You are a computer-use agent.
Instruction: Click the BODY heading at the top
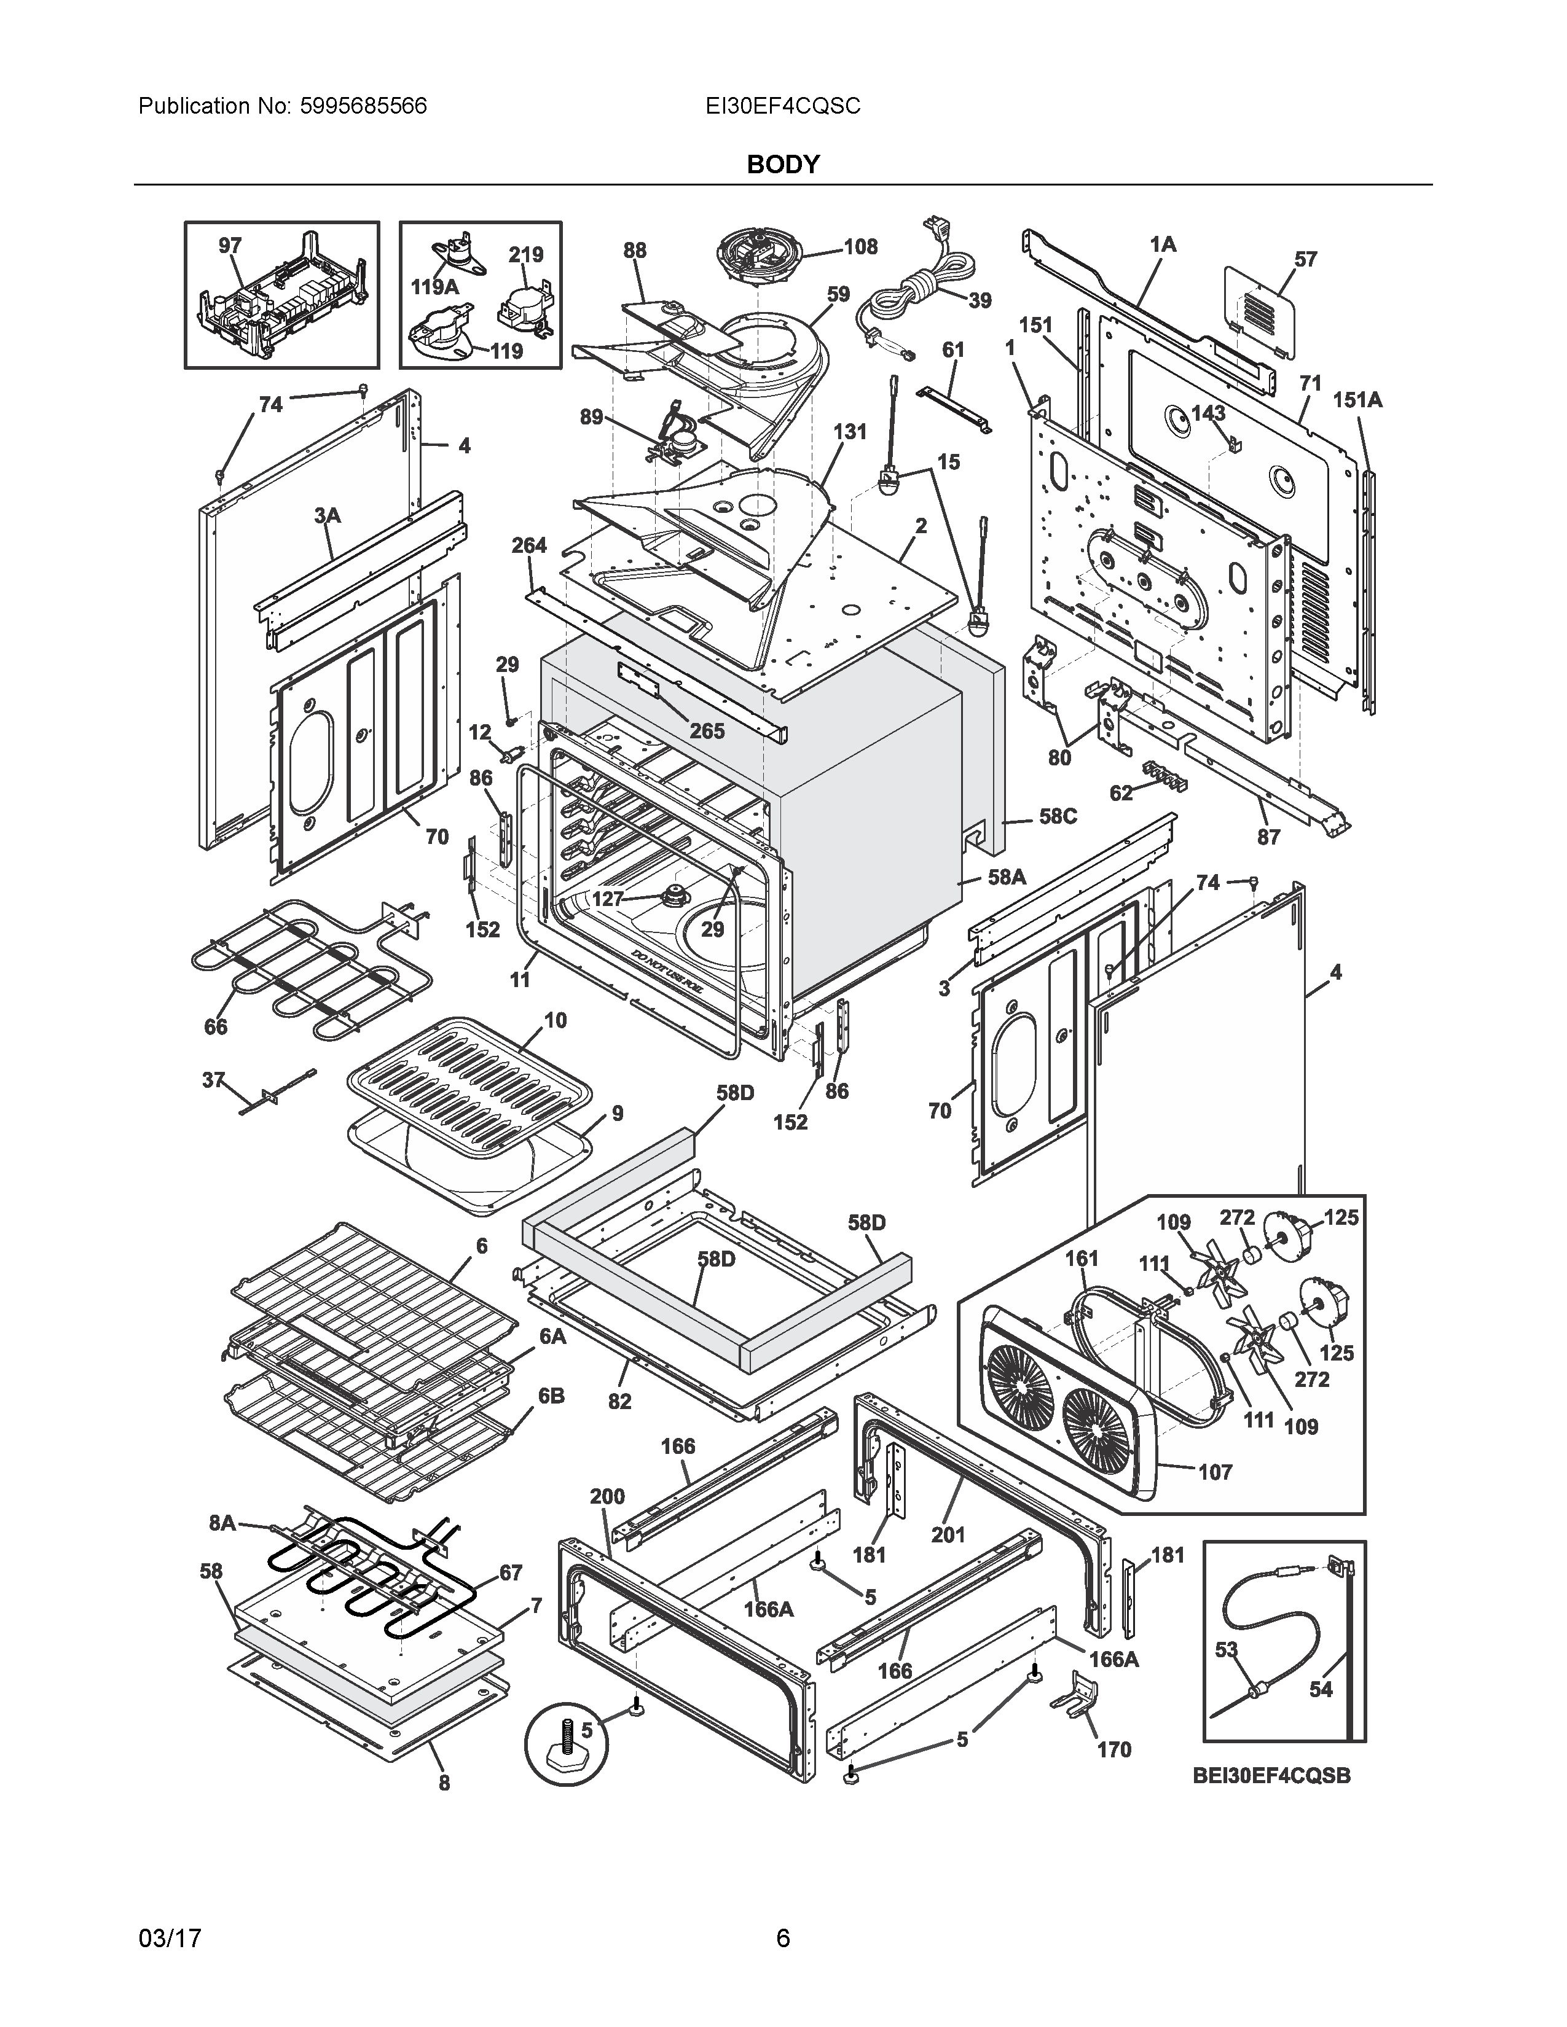click(x=782, y=164)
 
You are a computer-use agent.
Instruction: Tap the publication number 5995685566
click(x=363, y=106)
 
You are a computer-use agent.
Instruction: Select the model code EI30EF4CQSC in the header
click(x=782, y=106)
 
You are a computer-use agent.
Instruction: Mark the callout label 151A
click(x=1357, y=400)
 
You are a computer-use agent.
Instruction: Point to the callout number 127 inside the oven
click(x=608, y=899)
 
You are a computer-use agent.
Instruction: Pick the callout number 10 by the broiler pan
click(x=555, y=1021)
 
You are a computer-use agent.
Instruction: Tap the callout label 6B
click(x=551, y=1422)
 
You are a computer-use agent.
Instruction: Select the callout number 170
click(x=1114, y=1749)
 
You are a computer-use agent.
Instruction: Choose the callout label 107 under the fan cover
click(x=1215, y=1471)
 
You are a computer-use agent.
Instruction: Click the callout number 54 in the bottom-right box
click(x=1321, y=1689)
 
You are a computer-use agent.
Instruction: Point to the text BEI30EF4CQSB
click(x=1272, y=1776)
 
